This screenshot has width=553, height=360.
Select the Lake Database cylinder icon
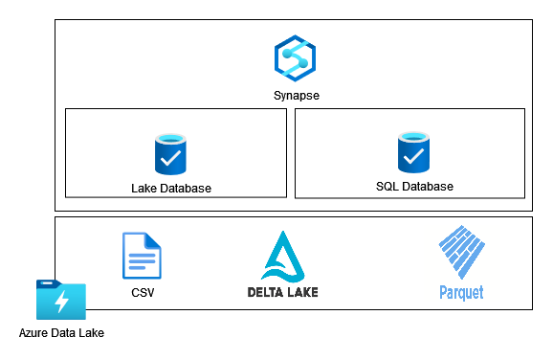pyautogui.click(x=171, y=153)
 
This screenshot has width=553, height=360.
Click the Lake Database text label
pyautogui.click(x=171, y=188)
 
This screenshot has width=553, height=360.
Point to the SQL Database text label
pyautogui.click(x=414, y=186)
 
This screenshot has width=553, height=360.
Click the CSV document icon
pyautogui.click(x=142, y=256)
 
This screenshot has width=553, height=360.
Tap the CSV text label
pyautogui.click(x=142, y=292)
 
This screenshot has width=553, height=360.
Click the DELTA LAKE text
pyautogui.click(x=281, y=291)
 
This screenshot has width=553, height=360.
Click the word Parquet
pyautogui.click(x=461, y=292)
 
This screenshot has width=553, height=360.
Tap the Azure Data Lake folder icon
pyautogui.click(x=60, y=301)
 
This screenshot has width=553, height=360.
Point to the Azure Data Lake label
pyautogui.click(x=61, y=333)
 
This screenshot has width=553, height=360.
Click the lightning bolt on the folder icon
pyautogui.click(x=61, y=304)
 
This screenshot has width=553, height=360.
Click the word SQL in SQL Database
pyautogui.click(x=387, y=186)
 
